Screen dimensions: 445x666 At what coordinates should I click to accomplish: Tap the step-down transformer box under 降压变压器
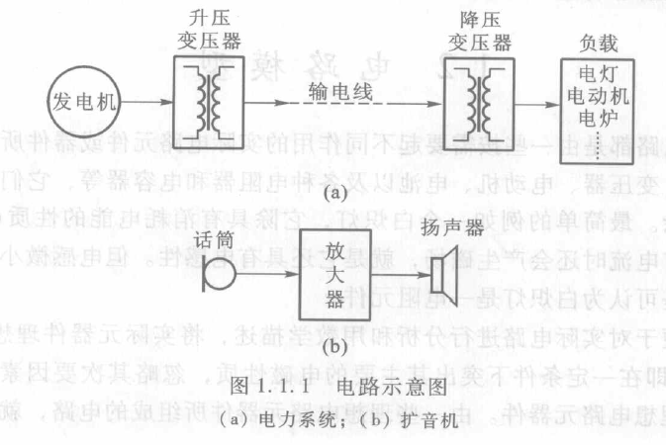[x=480, y=101]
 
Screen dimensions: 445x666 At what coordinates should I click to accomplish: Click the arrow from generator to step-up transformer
[x=149, y=99]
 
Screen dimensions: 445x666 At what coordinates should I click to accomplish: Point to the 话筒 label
[x=210, y=237]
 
